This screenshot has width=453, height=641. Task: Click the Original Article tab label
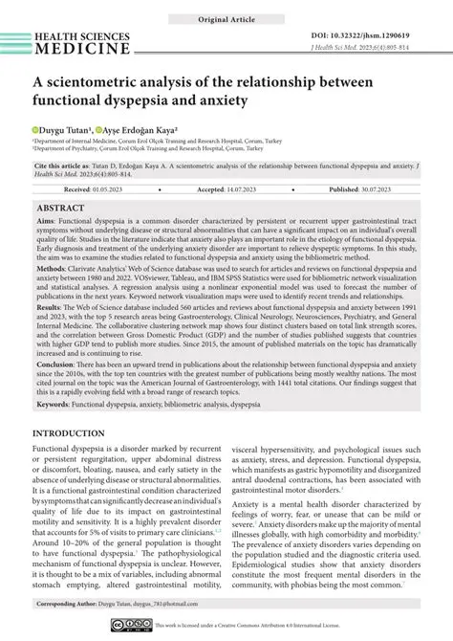point(226,19)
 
